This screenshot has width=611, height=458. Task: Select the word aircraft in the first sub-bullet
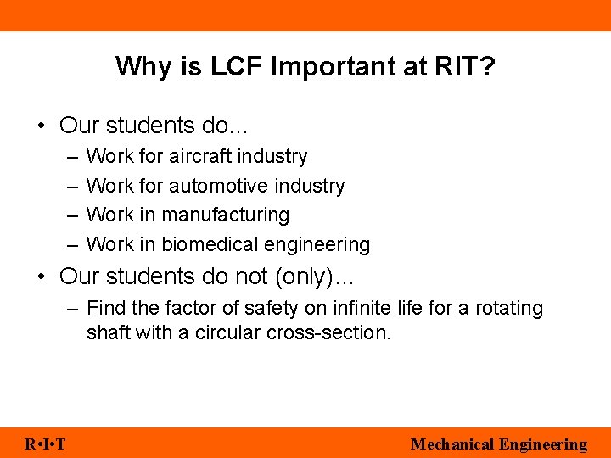[x=201, y=156]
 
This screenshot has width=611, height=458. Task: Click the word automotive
[x=219, y=186]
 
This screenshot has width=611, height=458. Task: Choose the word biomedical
[x=201, y=245]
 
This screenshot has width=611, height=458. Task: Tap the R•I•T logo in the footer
[x=47, y=444]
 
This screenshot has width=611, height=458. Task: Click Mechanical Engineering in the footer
[x=498, y=444]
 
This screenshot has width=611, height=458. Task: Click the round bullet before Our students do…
[x=42, y=126]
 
